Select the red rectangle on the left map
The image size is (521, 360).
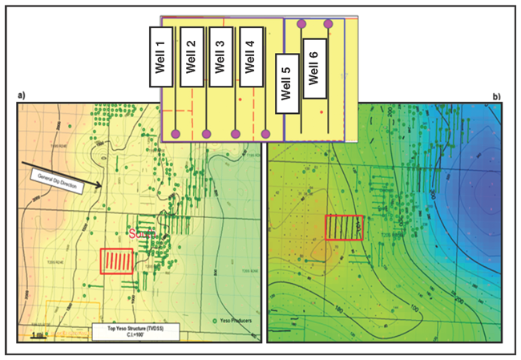point(117,262)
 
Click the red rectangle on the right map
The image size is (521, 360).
point(345,228)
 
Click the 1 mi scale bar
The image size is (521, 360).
point(38,336)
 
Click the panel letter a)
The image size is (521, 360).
point(22,97)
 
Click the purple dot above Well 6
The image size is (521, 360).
point(328,24)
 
